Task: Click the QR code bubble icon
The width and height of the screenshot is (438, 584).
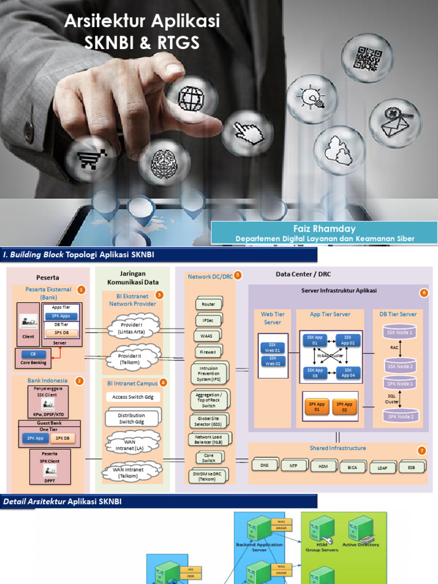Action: [367, 58]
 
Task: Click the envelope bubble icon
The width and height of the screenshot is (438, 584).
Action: [395, 121]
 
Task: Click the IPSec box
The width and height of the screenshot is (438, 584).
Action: [208, 321]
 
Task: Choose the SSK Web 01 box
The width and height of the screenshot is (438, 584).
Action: [273, 348]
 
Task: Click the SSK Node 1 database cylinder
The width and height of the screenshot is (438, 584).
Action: [400, 332]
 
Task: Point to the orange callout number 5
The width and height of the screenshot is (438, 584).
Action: [238, 275]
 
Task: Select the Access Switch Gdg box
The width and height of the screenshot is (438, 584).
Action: [133, 397]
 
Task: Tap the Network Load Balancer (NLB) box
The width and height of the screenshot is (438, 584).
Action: [208, 440]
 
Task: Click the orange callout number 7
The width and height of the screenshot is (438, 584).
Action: [421, 451]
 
